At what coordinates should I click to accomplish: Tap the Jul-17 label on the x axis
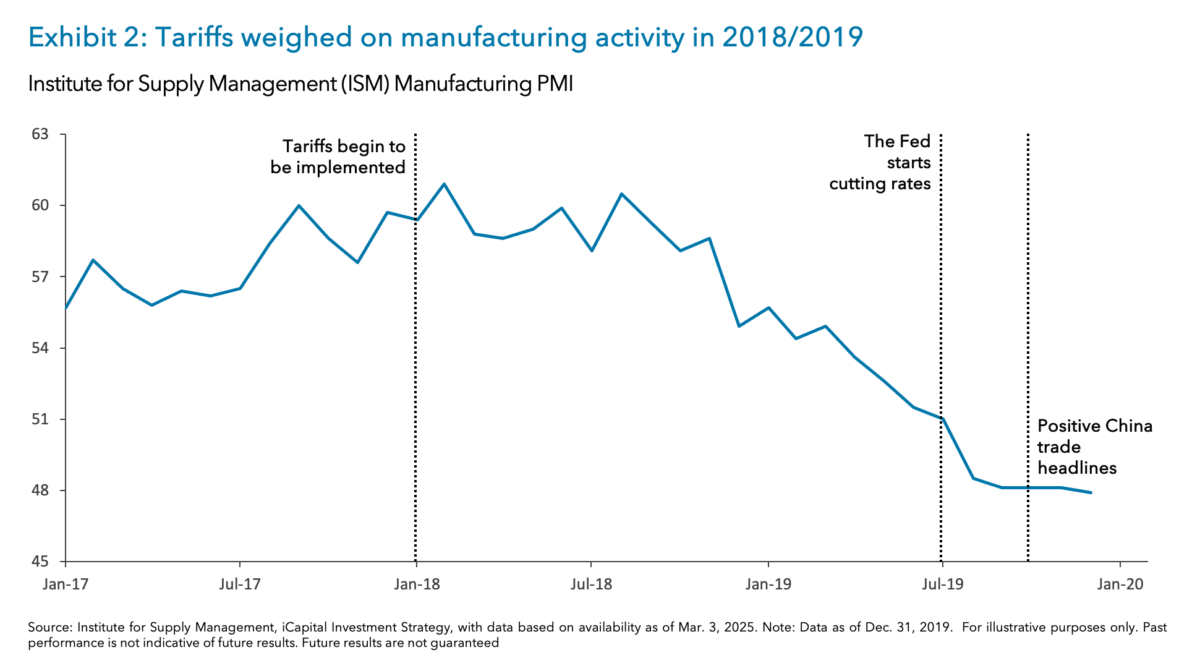point(239,584)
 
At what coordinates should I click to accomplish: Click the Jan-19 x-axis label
point(768,584)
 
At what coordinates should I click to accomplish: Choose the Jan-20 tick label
point(1120,584)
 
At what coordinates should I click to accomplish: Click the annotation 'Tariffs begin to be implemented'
point(338,156)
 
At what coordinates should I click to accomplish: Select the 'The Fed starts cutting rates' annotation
point(880,163)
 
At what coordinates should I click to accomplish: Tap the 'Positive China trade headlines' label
point(1094,447)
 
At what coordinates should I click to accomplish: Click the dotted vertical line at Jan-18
point(415,371)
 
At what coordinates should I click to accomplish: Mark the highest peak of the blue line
point(444,184)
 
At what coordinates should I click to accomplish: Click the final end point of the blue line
point(1091,492)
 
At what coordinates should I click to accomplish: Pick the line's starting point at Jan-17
point(66,307)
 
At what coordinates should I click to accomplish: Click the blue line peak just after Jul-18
point(621,194)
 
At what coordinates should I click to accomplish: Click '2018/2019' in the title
point(793,37)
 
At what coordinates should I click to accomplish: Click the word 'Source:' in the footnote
point(50,627)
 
